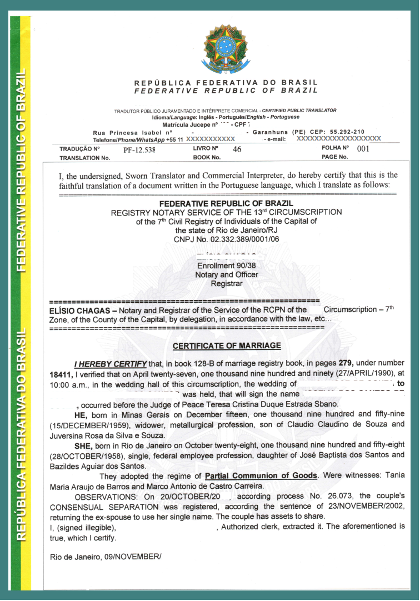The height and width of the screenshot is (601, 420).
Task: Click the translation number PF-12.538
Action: coord(139,150)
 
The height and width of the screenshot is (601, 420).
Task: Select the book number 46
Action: coord(237,149)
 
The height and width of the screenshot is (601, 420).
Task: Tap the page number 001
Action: coord(363,149)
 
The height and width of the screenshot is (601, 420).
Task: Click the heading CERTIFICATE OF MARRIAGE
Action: coord(227,346)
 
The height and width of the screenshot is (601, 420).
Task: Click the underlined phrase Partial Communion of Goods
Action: coord(261,476)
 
